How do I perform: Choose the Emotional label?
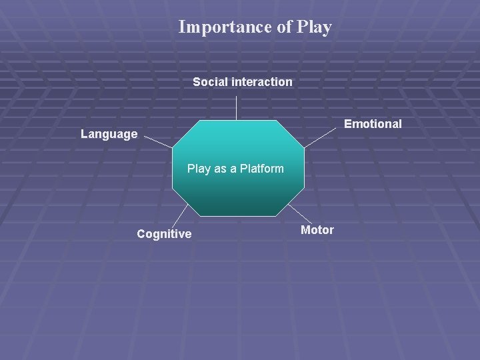[373, 124]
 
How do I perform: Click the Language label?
[109, 134]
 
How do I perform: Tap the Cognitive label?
[164, 234]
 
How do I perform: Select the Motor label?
[317, 230]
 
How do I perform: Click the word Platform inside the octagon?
[261, 169]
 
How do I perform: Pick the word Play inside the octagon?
[199, 169]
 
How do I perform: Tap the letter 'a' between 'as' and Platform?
[233, 169]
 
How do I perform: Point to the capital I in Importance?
[182, 27]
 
